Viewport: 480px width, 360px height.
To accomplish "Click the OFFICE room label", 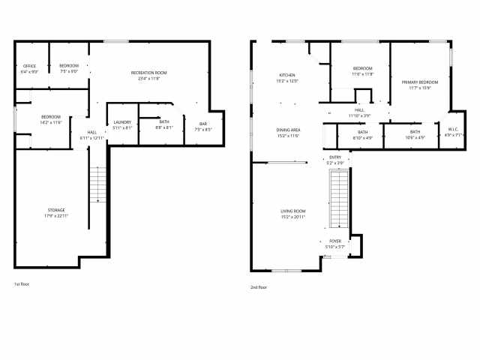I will (30, 66).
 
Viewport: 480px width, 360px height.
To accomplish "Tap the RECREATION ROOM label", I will (148, 73).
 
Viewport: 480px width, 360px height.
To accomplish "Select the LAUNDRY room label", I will (122, 122).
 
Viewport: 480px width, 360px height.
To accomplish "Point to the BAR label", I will (203, 124).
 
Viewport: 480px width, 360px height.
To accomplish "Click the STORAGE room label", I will (56, 210).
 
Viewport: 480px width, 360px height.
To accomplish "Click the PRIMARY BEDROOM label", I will (419, 82).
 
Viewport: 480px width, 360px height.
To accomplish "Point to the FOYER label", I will (334, 241).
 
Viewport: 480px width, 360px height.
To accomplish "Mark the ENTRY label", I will (335, 157).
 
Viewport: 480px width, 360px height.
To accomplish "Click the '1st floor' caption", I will (22, 284).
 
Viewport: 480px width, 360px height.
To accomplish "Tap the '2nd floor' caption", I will (259, 286).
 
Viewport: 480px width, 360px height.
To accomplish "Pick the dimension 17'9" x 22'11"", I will (56, 216).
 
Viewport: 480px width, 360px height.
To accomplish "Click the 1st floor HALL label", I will (92, 133).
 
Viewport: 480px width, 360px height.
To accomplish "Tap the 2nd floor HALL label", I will (360, 110).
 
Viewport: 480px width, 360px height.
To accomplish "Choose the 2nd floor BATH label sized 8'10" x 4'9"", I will (362, 132).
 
